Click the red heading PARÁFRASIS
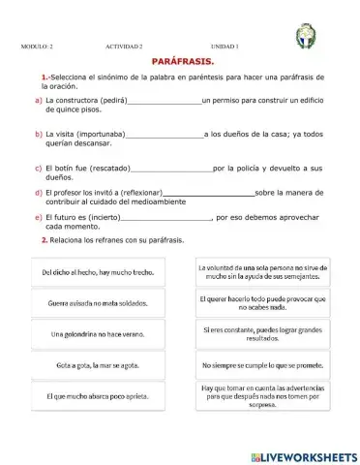pos(179,61)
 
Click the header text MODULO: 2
pos(38,46)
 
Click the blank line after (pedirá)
pos(164,101)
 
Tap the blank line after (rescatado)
pos(170,170)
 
